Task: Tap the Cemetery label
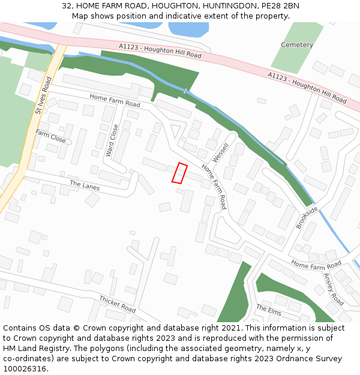coord(297,45)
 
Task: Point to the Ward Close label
coord(112,140)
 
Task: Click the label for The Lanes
coord(85,185)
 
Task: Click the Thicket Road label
coord(118,304)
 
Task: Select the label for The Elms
coord(269,310)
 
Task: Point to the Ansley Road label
coord(334,289)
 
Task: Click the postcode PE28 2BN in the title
coord(281,6)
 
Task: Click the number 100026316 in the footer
coord(25,369)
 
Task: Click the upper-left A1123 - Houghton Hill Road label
coord(160,50)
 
